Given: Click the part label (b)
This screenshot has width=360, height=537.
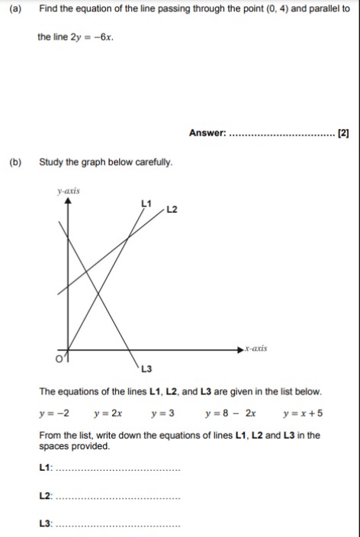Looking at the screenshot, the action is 14,162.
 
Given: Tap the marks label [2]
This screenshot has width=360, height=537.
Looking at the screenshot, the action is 343,133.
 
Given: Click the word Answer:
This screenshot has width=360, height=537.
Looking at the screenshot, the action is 207,133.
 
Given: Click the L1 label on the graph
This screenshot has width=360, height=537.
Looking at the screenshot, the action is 146,202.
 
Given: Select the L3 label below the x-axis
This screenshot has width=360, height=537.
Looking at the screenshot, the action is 146,370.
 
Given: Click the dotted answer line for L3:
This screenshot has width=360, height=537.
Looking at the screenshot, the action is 119,526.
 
